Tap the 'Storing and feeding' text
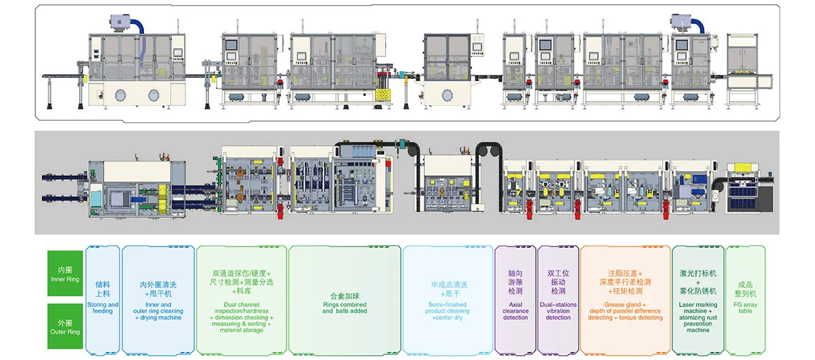pos(103,308)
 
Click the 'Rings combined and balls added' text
pos(344,308)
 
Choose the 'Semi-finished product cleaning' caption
pos(448,311)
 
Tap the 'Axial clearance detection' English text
pos(515,311)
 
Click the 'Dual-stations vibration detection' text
pos(558,311)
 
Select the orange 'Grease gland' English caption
pos(625,311)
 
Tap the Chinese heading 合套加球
pos(344,295)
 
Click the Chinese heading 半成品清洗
pos(448,285)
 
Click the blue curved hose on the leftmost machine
pos(139,25)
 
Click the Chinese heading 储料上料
pos(103,289)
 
